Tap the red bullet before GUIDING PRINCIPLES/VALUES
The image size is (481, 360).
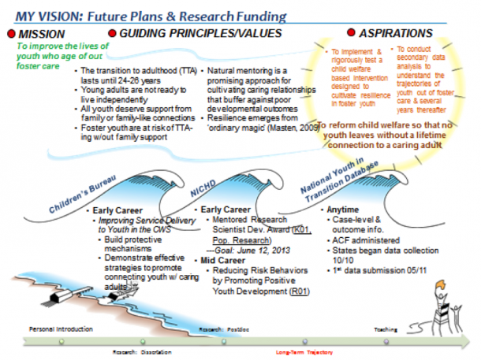112,33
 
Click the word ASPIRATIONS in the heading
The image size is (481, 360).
395,33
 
